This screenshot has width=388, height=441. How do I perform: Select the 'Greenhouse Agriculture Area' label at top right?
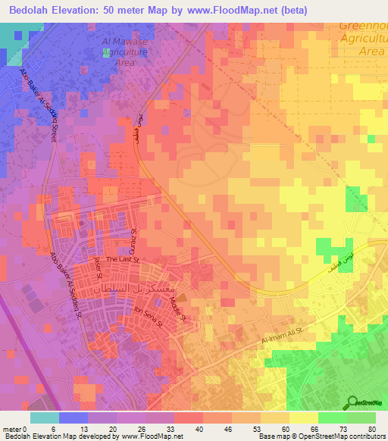tap(363, 36)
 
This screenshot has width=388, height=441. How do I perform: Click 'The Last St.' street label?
tap(122, 259)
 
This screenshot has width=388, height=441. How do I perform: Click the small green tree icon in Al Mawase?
tap(105, 53)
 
